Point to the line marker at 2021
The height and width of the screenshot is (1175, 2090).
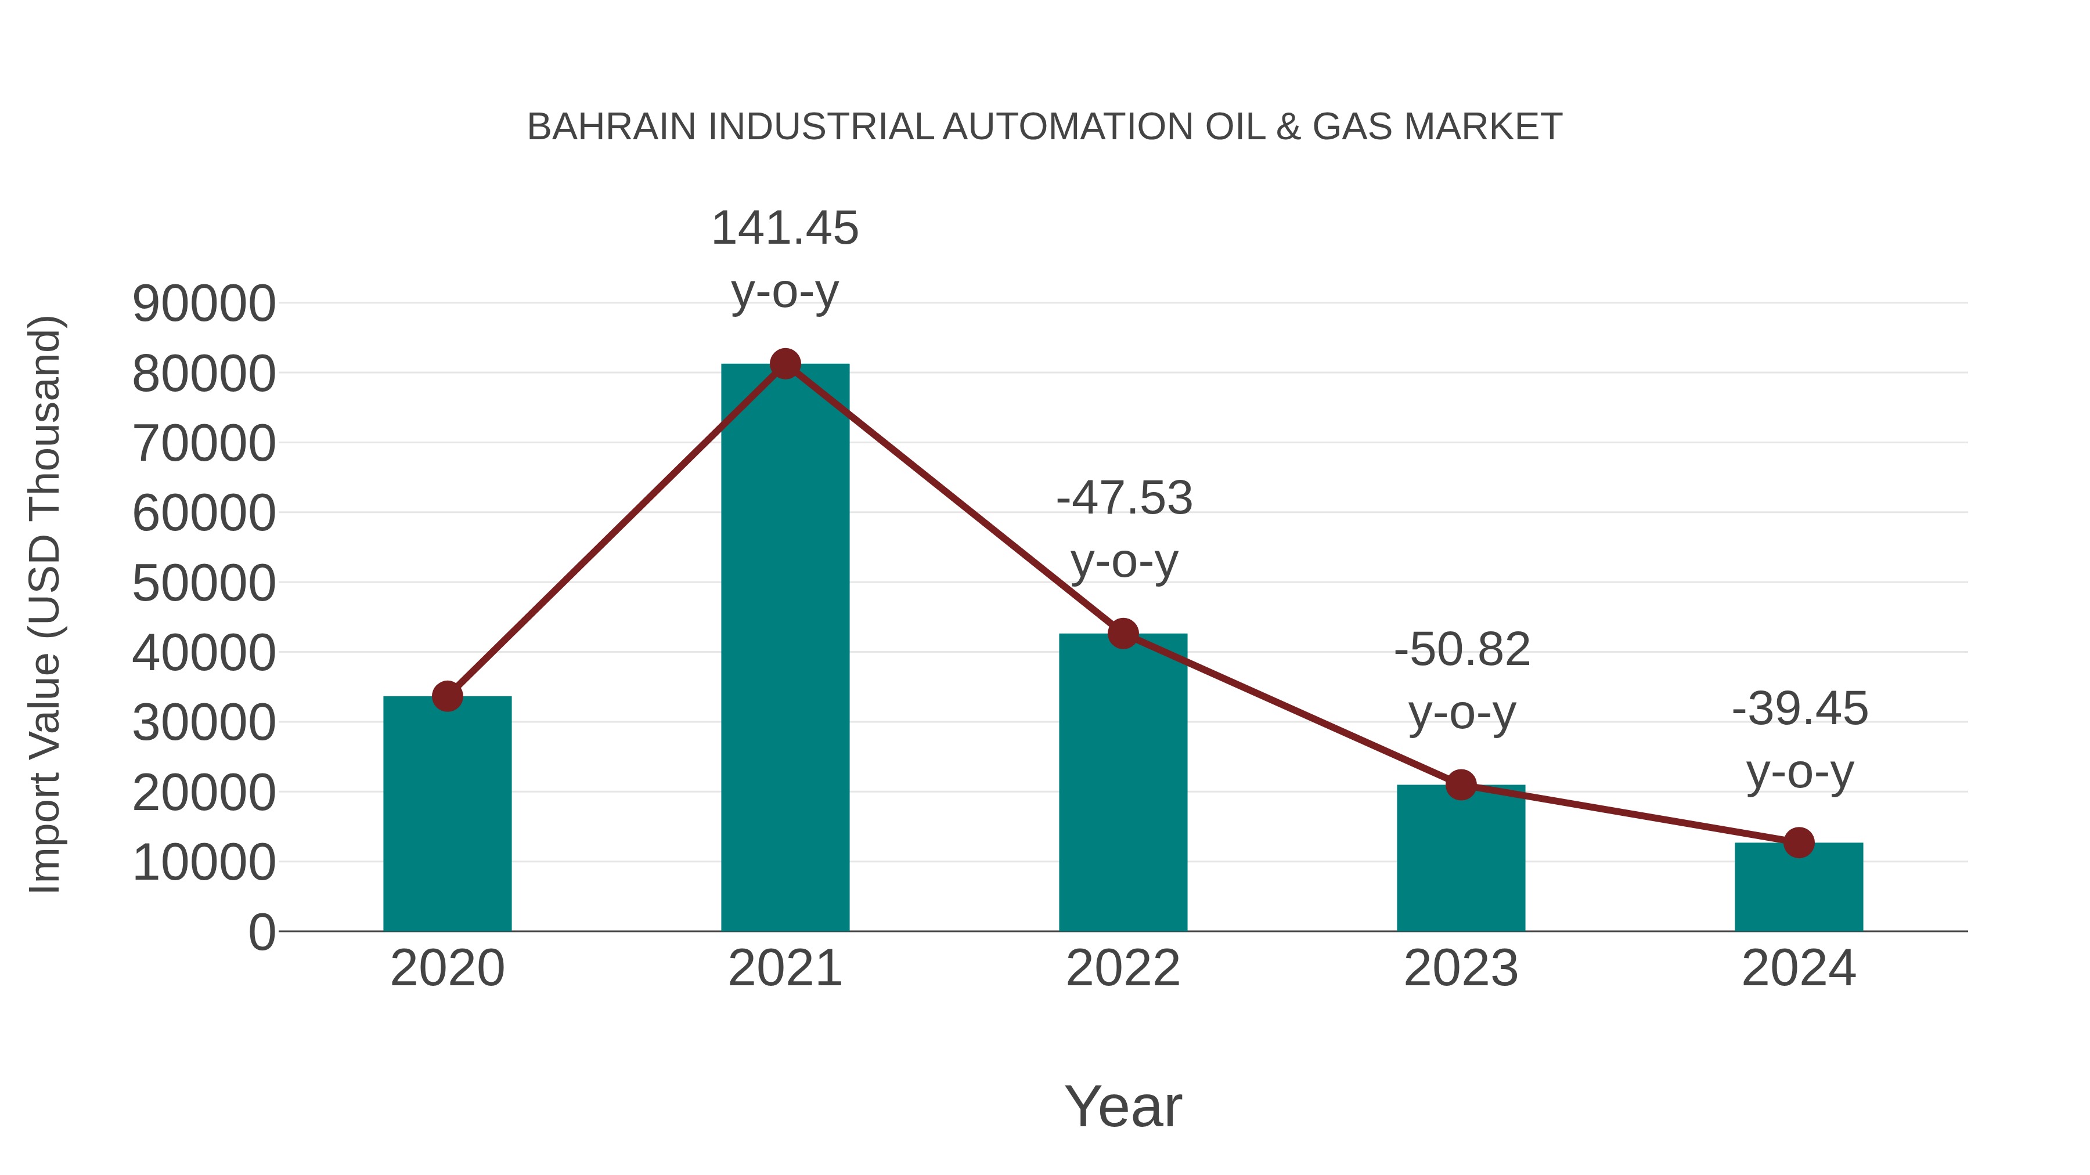coord(784,364)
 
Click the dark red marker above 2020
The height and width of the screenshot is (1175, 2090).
coord(447,696)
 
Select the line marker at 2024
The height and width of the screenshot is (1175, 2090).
coord(1799,843)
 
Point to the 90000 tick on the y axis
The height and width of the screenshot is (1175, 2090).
coord(204,304)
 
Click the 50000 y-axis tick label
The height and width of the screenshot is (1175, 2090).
coord(204,583)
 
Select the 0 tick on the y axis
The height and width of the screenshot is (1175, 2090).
coord(261,932)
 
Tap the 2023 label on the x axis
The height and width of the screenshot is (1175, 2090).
coord(1461,968)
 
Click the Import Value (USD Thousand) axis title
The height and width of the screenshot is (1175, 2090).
coord(45,604)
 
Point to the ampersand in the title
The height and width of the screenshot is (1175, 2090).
coord(1288,127)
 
